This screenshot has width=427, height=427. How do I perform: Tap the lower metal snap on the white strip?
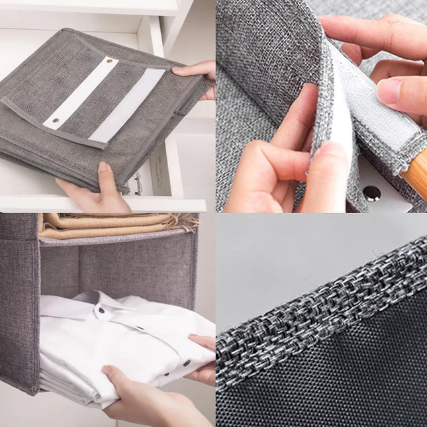[x=55, y=122]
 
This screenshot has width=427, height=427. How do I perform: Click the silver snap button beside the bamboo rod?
[x=372, y=193]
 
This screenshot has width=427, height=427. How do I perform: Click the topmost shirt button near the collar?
[x=103, y=310]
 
